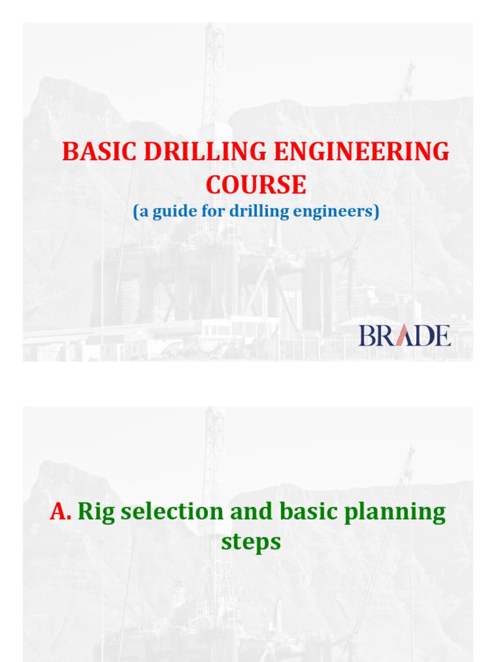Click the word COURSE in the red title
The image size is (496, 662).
[x=256, y=186]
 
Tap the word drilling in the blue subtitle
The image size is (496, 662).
[x=259, y=211]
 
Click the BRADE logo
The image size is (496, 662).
[x=404, y=336]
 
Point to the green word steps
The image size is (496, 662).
[x=251, y=542]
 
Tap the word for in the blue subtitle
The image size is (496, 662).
[x=212, y=211]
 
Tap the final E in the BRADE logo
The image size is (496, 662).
[x=442, y=336]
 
